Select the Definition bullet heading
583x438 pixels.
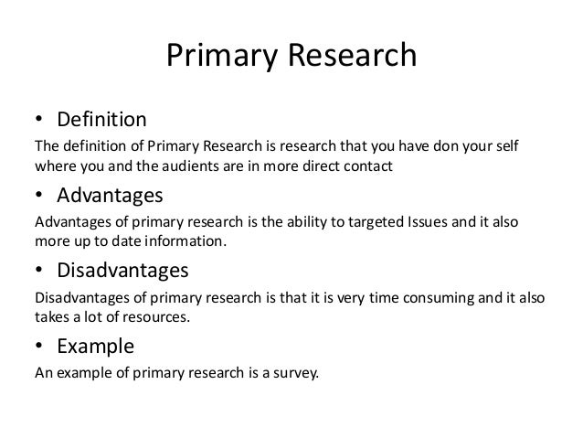(x=101, y=120)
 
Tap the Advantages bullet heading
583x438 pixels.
(x=111, y=196)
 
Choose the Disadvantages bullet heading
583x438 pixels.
(x=123, y=271)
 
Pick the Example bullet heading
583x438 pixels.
(x=96, y=347)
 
